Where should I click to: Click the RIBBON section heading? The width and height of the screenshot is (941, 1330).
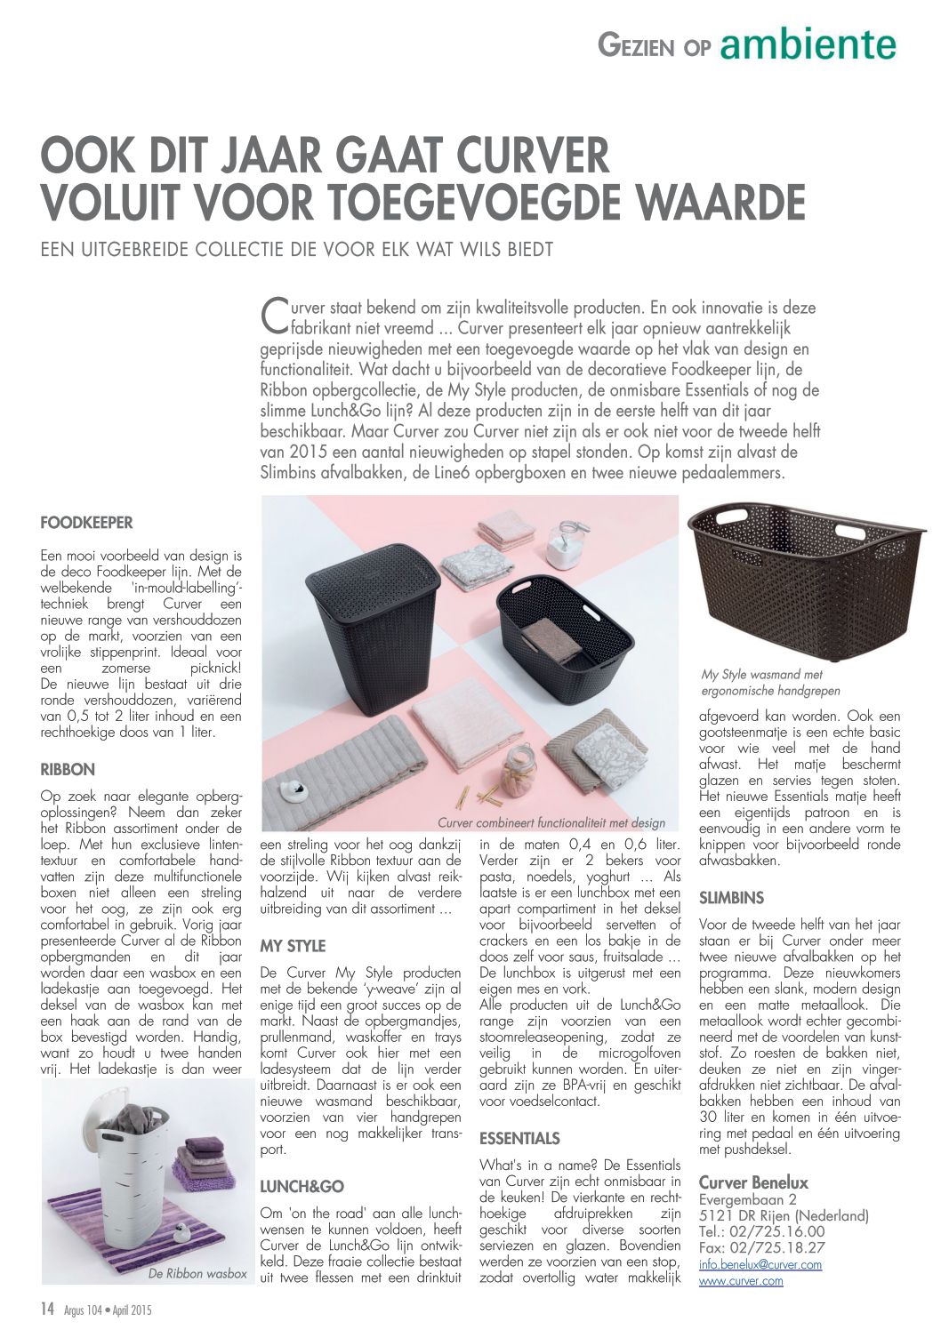click(x=68, y=769)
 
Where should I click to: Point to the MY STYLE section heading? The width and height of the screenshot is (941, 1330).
click(x=293, y=946)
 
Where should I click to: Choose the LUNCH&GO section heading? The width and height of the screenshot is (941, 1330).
click(x=301, y=1186)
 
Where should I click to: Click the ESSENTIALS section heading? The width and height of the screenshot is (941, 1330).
click(x=519, y=1138)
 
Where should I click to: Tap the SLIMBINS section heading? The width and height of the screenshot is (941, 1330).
click(x=731, y=898)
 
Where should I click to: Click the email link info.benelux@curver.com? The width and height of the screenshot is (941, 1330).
click(x=760, y=1263)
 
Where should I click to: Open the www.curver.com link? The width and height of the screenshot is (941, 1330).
click(x=741, y=1280)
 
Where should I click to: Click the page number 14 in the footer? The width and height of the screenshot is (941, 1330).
click(x=48, y=1309)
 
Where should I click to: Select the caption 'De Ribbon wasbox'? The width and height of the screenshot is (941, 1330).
click(x=197, y=1273)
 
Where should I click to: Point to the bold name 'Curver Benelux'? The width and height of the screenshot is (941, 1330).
click(x=753, y=1182)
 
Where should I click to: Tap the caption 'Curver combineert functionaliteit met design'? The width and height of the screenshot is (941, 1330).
click(x=551, y=822)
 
